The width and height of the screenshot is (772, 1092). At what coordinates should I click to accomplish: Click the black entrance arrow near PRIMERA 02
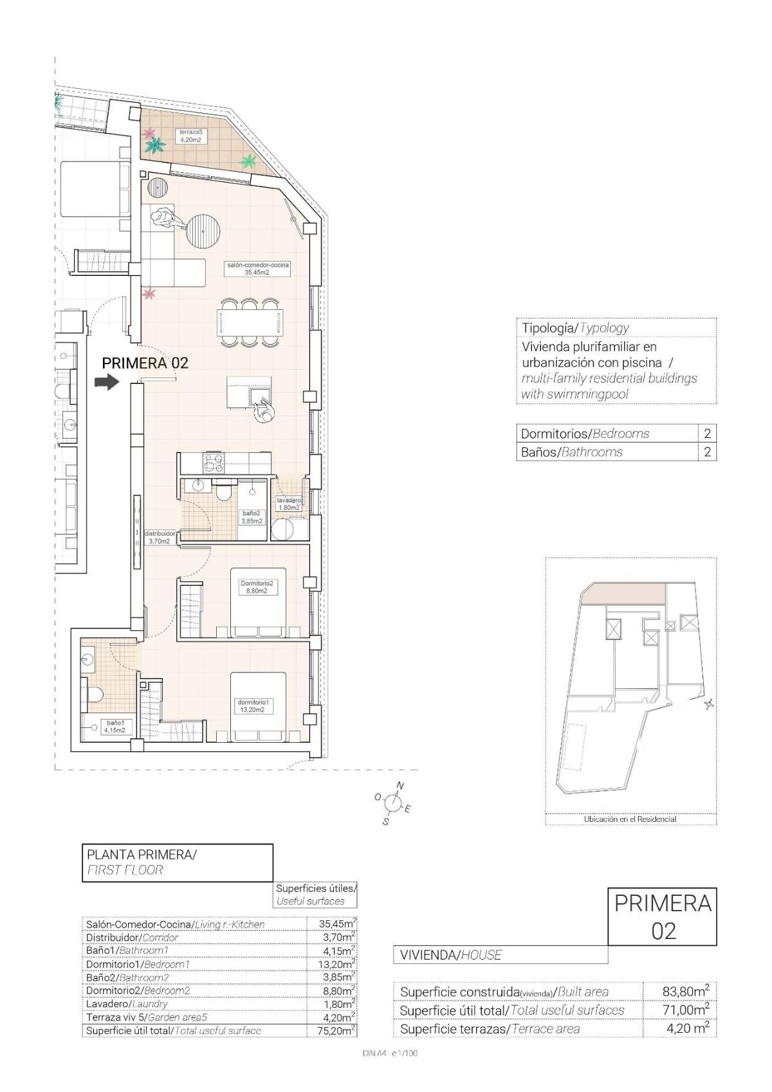click(107, 383)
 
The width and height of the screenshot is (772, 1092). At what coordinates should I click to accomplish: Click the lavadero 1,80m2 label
click(289, 504)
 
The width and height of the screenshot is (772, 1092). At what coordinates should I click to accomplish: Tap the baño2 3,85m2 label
click(252, 517)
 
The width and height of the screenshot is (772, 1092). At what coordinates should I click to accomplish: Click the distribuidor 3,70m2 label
click(160, 537)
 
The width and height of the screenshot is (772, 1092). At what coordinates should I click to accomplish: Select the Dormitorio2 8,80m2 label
click(257, 587)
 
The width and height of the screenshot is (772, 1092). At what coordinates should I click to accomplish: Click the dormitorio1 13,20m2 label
click(252, 706)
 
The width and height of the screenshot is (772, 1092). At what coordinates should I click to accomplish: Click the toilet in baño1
click(95, 695)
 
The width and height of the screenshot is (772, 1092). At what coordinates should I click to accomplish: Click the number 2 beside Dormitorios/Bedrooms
click(707, 433)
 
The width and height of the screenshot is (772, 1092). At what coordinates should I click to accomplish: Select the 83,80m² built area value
click(686, 992)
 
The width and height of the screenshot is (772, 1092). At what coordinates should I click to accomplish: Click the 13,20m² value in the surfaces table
click(338, 964)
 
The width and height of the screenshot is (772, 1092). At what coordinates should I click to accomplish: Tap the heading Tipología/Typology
click(575, 328)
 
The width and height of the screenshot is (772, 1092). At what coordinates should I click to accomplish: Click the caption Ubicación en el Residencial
click(630, 819)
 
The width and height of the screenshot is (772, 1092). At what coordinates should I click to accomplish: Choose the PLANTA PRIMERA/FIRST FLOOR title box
click(178, 862)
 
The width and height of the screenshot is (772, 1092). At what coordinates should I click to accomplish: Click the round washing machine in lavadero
click(282, 529)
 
